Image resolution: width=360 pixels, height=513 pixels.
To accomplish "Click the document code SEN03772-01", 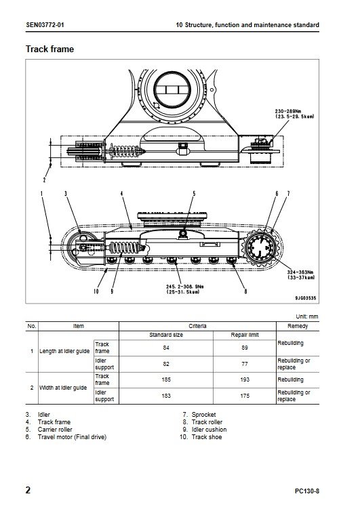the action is click(45, 25).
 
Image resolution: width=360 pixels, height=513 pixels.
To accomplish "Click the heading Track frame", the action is click(49, 49).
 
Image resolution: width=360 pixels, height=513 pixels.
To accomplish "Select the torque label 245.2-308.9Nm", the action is click(185, 287).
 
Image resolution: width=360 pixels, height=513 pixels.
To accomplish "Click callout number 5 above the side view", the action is click(194, 194).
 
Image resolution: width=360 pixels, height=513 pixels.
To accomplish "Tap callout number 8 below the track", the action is click(246, 291).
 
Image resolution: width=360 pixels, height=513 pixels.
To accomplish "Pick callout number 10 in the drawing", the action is click(96, 291).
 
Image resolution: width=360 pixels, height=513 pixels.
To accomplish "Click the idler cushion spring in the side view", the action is click(125, 248).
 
